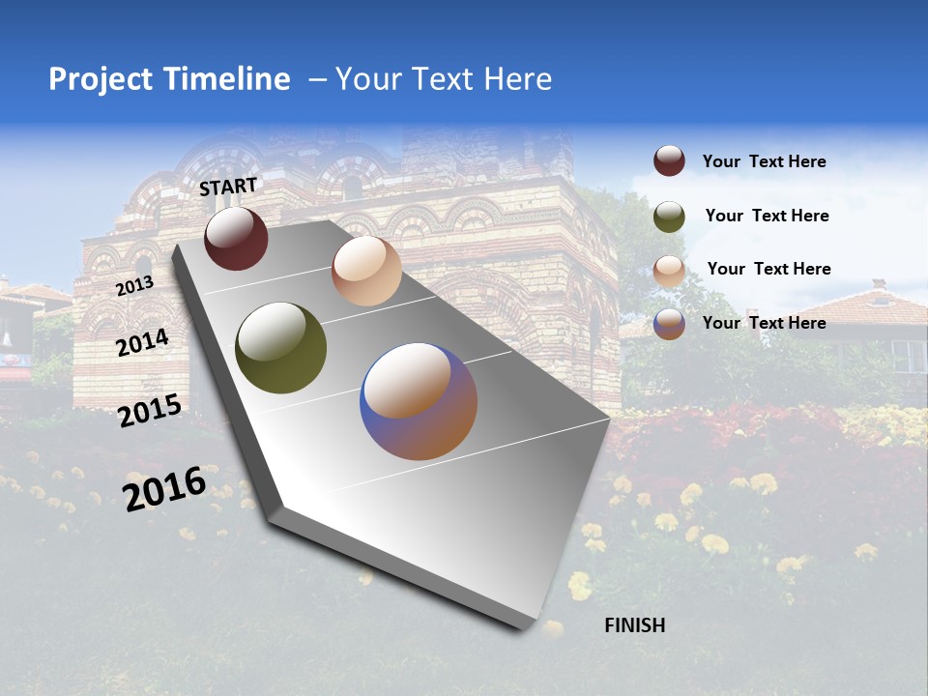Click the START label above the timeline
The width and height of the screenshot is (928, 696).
(228, 187)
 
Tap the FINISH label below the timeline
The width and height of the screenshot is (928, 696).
(634, 625)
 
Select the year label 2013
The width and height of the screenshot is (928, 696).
(134, 286)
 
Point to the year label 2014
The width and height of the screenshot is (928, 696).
(142, 343)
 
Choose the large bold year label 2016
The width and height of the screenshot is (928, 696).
(164, 489)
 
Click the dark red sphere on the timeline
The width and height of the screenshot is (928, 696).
(236, 238)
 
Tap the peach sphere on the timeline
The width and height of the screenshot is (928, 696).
(366, 271)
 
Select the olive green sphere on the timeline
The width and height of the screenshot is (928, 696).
(281, 348)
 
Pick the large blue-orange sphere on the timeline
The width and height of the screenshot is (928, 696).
(419, 401)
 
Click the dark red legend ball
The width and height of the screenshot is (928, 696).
(669, 160)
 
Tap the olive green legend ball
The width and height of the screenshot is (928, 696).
(669, 217)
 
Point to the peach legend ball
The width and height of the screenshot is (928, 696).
(669, 270)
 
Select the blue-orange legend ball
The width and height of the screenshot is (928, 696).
(669, 324)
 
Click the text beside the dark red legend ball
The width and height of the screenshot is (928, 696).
(764, 161)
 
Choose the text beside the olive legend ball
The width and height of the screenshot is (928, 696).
(767, 216)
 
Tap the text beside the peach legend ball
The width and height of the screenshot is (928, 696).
(768, 269)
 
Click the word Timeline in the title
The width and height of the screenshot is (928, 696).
(232, 79)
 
